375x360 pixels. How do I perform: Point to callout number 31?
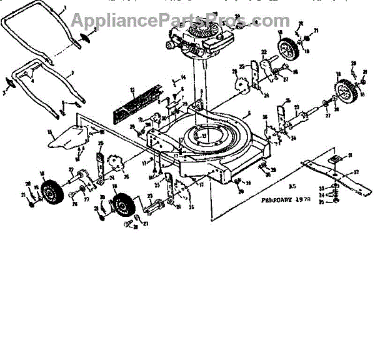click(x=351, y=155)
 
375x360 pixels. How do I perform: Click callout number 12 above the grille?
click(x=132, y=89)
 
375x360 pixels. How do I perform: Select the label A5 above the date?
click(x=291, y=186)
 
